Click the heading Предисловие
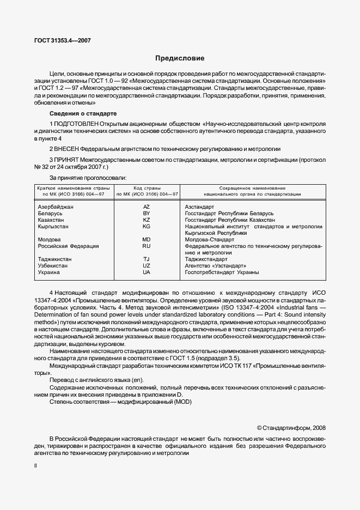(180, 58)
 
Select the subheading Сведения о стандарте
(83, 114)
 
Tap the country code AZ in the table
(146, 207)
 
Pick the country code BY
(146, 214)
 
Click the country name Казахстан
(51, 220)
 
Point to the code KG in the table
(146, 227)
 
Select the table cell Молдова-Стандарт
(209, 240)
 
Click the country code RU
(146, 246)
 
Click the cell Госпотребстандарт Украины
(222, 272)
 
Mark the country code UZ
(146, 266)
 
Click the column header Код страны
(146, 187)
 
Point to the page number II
(35, 466)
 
